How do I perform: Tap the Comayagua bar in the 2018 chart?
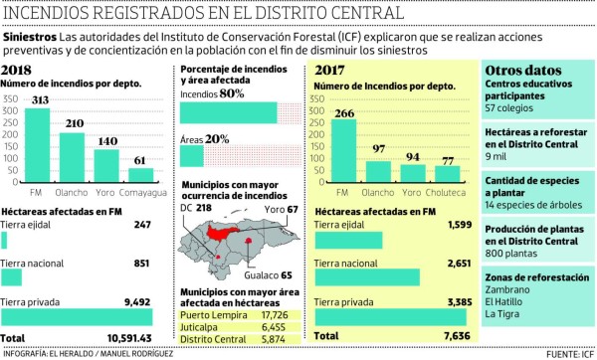pos(140,174)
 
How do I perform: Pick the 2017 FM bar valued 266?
pos(340,148)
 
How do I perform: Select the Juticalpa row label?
pos(203,326)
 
